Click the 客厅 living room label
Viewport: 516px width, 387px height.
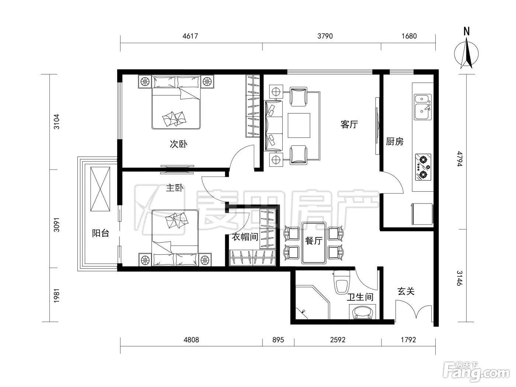(349, 124)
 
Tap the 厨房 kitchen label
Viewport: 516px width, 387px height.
(395, 142)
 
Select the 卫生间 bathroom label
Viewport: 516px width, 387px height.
(360, 297)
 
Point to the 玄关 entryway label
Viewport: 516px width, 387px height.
(406, 292)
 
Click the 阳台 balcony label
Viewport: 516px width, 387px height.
(101, 233)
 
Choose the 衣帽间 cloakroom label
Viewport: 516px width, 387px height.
(245, 237)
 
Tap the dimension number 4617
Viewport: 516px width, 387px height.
(190, 36)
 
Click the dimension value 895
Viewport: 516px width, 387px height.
(278, 340)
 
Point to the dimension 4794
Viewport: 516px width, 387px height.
(460, 159)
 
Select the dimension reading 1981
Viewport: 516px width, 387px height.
(57, 296)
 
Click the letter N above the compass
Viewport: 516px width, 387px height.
(467, 31)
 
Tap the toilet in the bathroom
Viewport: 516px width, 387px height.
(342, 282)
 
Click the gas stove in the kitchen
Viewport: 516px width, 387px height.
(423, 167)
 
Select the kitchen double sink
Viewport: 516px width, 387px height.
(423, 107)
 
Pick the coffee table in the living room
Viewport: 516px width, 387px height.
(299, 125)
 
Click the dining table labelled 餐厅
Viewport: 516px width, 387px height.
(314, 243)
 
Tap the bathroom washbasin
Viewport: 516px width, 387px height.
(362, 312)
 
